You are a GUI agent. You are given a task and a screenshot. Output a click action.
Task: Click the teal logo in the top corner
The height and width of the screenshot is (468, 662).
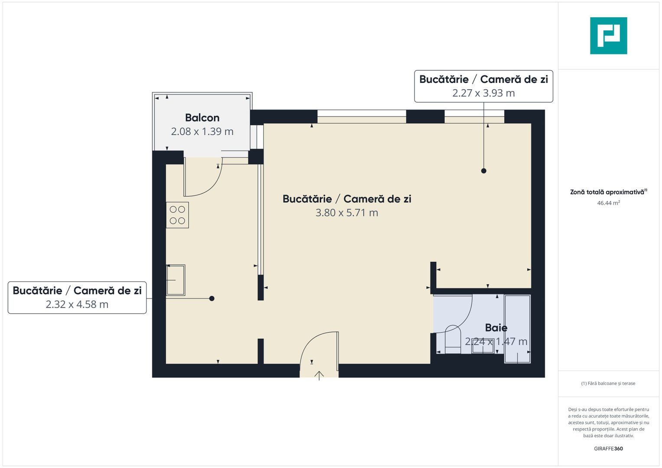click(x=608, y=36)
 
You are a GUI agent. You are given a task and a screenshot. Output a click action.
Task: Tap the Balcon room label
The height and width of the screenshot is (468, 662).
click(x=202, y=117)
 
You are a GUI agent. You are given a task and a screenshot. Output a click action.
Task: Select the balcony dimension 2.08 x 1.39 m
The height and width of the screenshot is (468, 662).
click(x=202, y=131)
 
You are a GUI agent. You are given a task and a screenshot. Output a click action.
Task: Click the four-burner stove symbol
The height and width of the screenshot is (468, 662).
click(x=177, y=215)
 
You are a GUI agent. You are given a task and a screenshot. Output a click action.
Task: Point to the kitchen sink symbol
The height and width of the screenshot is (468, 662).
click(x=176, y=280)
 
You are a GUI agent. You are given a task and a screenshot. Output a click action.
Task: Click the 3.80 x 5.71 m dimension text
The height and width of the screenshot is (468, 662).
click(x=347, y=213)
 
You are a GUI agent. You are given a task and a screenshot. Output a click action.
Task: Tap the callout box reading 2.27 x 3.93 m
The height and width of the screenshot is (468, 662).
click(x=483, y=86)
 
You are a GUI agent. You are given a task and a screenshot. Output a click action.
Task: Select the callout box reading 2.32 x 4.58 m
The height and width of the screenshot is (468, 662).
click(x=77, y=298)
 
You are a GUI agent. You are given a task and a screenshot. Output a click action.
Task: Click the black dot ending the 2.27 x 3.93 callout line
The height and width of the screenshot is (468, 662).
click(x=484, y=171)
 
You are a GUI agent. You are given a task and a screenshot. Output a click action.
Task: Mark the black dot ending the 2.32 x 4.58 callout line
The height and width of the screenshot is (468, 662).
click(x=212, y=299)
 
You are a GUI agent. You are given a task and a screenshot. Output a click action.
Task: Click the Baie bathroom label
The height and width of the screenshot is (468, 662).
click(x=496, y=328)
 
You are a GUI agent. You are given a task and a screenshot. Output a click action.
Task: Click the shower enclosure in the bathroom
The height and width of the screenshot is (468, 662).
click(x=517, y=328)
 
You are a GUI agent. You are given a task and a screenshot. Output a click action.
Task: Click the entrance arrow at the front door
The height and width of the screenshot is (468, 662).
click(x=320, y=375)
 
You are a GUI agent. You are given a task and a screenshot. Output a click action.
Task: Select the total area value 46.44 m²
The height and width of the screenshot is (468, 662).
click(x=608, y=203)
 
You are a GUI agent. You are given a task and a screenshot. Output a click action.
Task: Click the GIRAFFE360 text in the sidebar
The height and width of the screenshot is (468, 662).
click(x=608, y=448)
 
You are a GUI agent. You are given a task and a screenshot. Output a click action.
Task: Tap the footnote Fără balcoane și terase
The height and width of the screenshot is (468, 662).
click(x=608, y=383)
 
